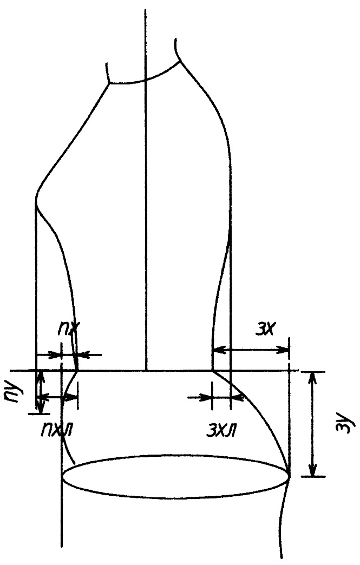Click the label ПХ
click(x=69, y=329)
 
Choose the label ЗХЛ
click(x=221, y=430)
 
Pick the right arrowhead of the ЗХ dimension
click(x=283, y=349)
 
